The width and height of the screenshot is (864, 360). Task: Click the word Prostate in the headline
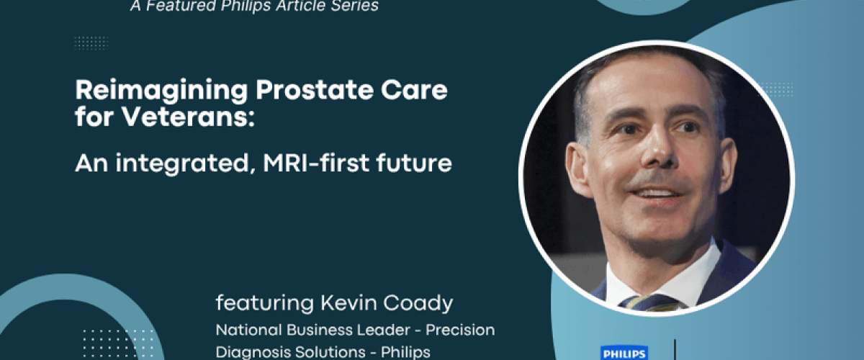pyautogui.click(x=315, y=91)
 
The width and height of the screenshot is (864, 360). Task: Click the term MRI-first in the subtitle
pyautogui.click(x=316, y=163)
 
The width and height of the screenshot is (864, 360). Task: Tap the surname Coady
pyautogui.click(x=418, y=304)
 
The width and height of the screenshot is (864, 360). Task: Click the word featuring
pyautogui.click(x=265, y=304)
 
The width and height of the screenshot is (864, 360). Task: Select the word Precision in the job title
pyautogui.click(x=460, y=330)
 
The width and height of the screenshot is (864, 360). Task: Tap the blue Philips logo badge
pyautogui.click(x=624, y=353)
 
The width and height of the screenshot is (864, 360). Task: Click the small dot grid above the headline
pyautogui.click(x=91, y=42)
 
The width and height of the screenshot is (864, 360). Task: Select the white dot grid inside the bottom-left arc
pyautogui.click(x=118, y=343)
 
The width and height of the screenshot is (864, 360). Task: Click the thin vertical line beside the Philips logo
pyautogui.click(x=675, y=350)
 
